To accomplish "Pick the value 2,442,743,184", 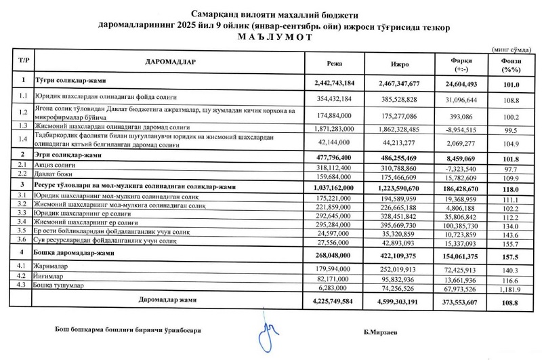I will tap(335, 82).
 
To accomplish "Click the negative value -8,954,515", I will tap(463, 126).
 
